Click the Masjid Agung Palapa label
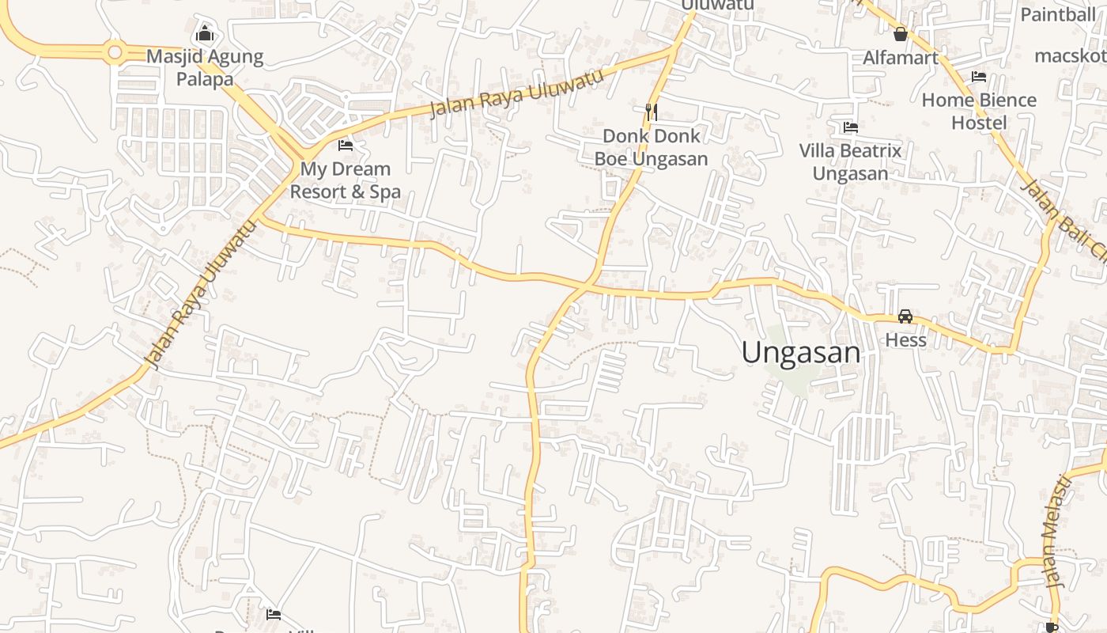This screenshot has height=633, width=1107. click(x=205, y=68)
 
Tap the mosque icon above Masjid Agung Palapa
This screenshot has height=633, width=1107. click(x=205, y=34)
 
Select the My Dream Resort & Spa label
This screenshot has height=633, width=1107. click(x=345, y=180)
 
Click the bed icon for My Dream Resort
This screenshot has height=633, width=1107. click(x=346, y=146)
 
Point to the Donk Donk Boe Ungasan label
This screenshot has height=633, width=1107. click(x=651, y=147)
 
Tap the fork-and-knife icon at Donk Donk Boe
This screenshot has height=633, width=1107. click(x=652, y=112)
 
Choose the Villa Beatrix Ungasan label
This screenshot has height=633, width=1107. click(x=850, y=161)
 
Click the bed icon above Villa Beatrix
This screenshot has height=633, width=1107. click(x=851, y=127)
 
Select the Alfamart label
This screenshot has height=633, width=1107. click(x=901, y=58)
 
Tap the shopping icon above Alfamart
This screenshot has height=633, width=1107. click(x=900, y=34)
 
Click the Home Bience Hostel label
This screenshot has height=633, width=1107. click(x=979, y=111)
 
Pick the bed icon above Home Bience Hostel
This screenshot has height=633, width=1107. click(x=979, y=77)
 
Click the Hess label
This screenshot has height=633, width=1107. click(x=905, y=340)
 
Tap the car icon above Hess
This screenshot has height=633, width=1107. click(x=905, y=316)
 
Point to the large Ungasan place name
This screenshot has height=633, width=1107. click(x=801, y=353)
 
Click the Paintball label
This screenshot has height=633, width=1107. click(x=1057, y=14)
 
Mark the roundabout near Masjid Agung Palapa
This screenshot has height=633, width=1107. click(x=115, y=53)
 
